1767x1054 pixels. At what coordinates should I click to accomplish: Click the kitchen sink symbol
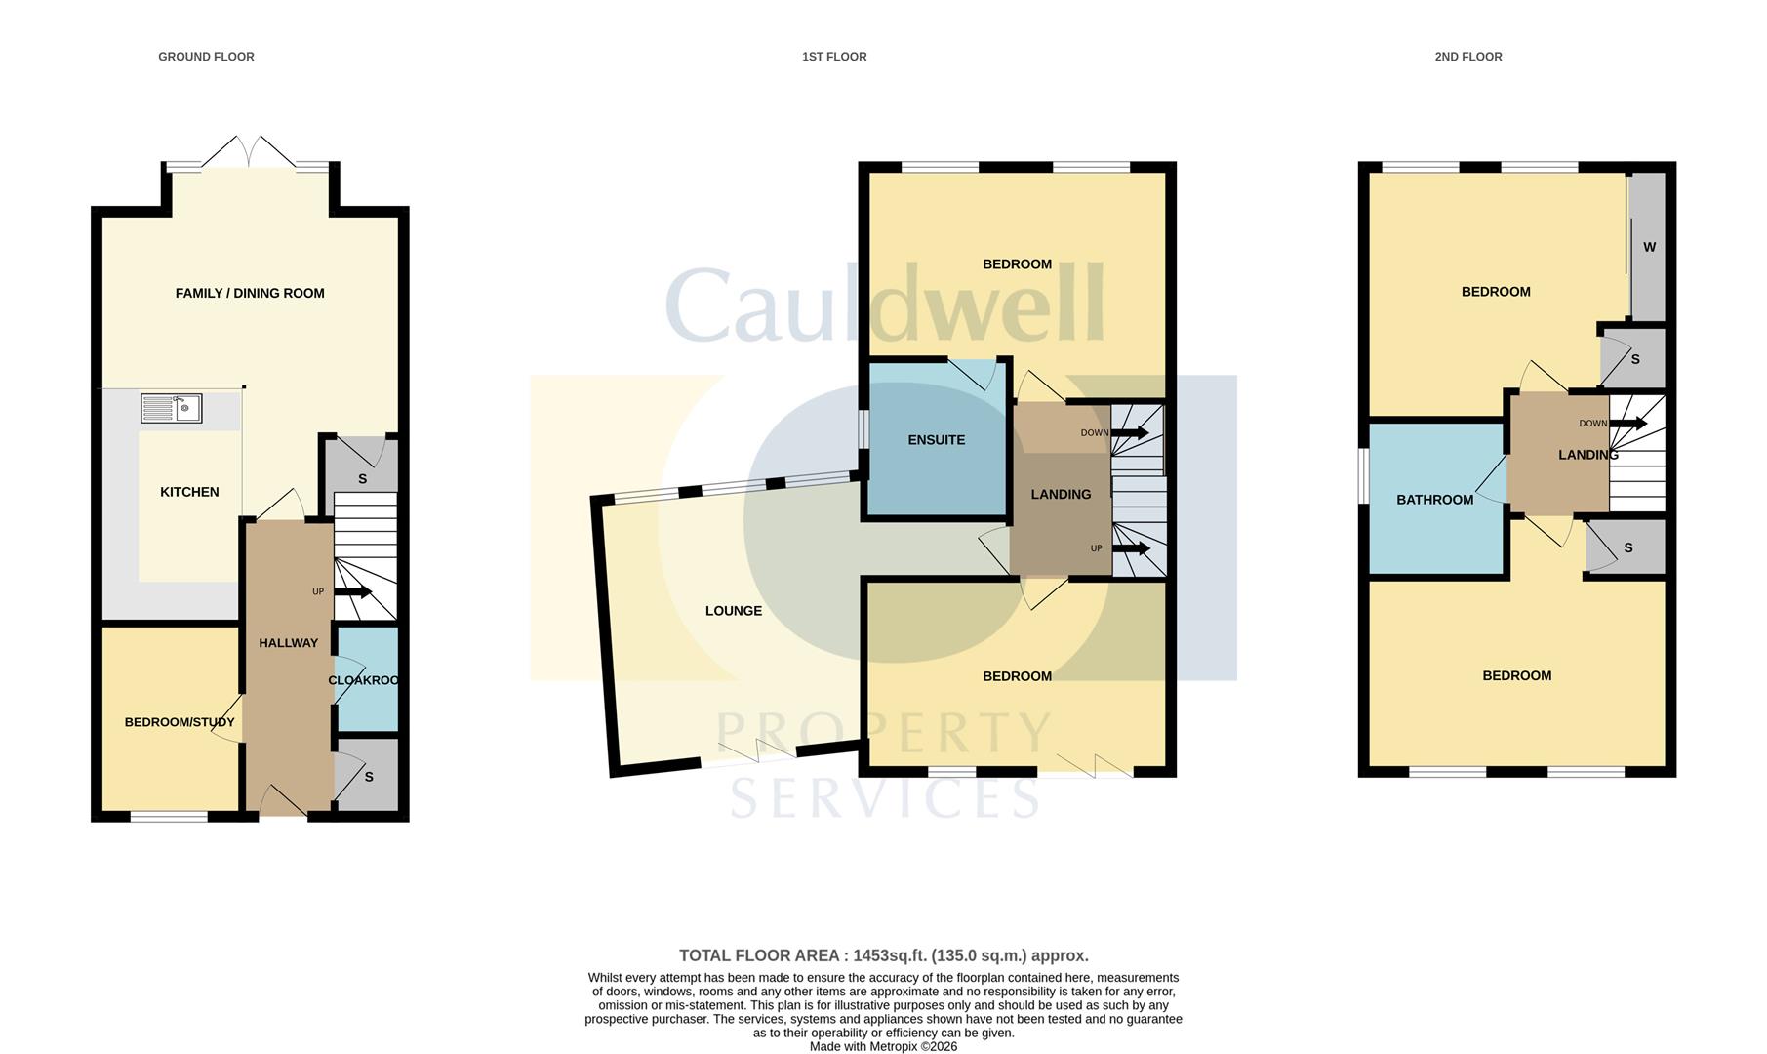[x=171, y=408]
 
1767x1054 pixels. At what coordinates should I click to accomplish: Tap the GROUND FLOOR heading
[x=206, y=57]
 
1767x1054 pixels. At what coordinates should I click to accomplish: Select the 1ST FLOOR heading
[x=834, y=57]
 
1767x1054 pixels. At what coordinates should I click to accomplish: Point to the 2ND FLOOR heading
[x=1468, y=57]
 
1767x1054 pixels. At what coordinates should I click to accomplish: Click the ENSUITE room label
[x=937, y=440]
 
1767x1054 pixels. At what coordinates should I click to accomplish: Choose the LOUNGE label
[x=734, y=611]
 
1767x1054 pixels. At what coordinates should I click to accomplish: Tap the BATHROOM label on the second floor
[x=1435, y=500]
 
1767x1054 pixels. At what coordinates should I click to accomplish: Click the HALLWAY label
[x=289, y=643]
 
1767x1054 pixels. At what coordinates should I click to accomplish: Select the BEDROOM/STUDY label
[x=180, y=722]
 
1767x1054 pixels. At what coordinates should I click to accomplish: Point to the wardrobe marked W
[x=1649, y=247]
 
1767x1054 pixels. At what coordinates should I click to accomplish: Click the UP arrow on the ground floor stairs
[x=352, y=591]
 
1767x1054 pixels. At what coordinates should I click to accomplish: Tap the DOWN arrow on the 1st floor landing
[x=1130, y=433]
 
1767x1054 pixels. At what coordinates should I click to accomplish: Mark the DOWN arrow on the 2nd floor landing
[x=1628, y=424]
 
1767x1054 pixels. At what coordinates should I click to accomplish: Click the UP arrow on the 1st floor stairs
[x=1132, y=548]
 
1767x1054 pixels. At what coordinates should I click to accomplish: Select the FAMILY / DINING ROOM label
[x=250, y=293]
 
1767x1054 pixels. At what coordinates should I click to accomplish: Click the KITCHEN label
[x=189, y=492]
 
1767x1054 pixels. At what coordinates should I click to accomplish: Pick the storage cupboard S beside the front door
[x=367, y=775]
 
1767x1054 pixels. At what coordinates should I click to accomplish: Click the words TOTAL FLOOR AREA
[x=761, y=955]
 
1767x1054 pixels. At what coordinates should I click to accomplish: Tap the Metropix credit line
[x=883, y=1046]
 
